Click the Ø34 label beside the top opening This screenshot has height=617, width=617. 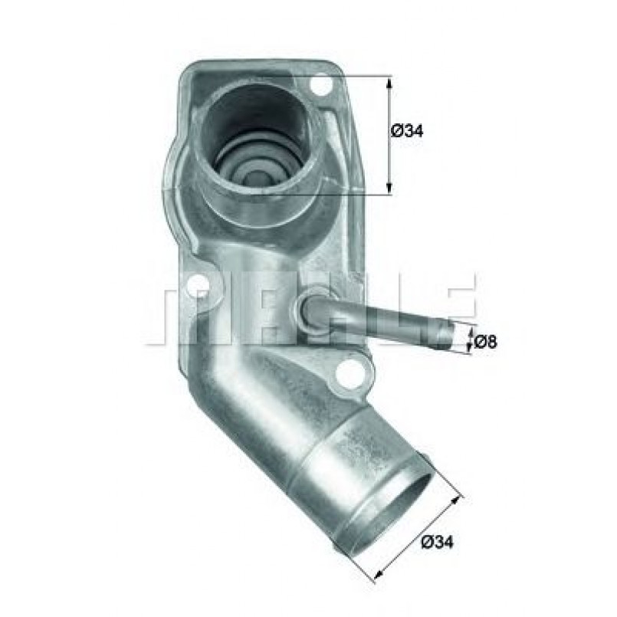pos(406,131)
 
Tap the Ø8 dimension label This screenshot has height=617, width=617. pos(485,342)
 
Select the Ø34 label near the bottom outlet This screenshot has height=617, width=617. pos(438,543)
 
